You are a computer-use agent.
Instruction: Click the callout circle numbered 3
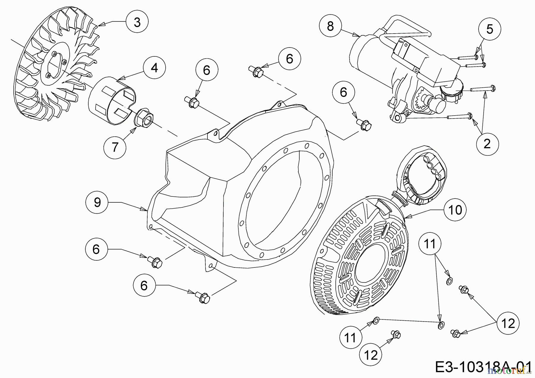(x=137, y=22)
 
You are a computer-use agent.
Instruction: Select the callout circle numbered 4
(x=154, y=68)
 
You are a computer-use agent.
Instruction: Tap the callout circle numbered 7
(x=115, y=147)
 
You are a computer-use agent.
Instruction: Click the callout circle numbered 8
(x=331, y=26)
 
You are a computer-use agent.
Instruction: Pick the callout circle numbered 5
(x=490, y=29)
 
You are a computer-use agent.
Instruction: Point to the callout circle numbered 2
(x=487, y=144)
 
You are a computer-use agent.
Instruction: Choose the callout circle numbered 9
(x=97, y=202)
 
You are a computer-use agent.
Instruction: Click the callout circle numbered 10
(x=455, y=210)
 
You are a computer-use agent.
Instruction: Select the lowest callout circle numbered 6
(x=144, y=286)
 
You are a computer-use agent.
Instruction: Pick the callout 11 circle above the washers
(x=430, y=244)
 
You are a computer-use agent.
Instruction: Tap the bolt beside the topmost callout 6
(x=256, y=72)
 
